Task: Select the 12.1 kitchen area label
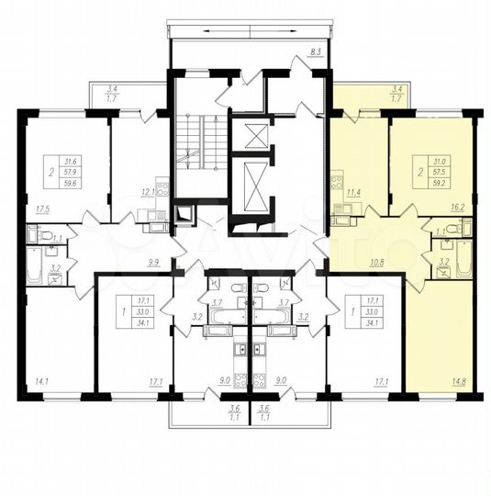tap(146, 193)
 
